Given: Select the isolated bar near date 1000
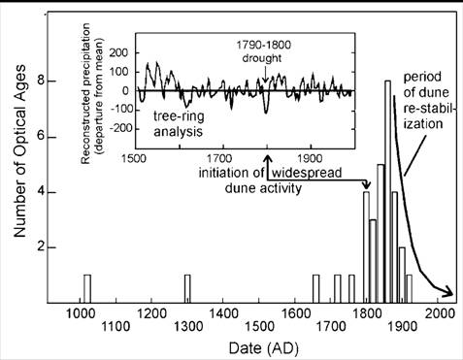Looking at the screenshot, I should pyautogui.click(x=87, y=288).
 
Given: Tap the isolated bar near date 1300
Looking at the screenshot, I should pyautogui.click(x=188, y=288).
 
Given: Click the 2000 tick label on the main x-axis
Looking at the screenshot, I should pyautogui.click(x=439, y=314).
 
